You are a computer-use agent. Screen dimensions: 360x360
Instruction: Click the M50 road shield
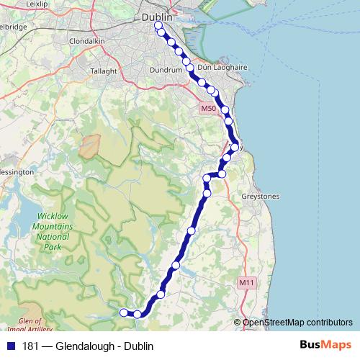click(208, 109)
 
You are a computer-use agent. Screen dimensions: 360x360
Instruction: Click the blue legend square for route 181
click(10, 346)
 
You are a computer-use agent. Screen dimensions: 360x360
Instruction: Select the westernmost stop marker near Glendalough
click(123, 312)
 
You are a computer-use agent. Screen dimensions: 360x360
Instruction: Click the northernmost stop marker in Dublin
click(158, 27)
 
